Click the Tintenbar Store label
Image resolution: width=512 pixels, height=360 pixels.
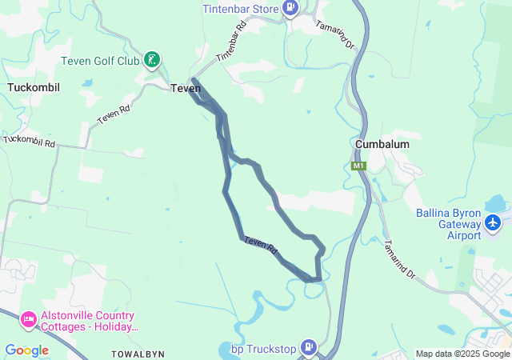click(239, 8)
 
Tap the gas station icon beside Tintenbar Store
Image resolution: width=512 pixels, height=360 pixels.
click(290, 9)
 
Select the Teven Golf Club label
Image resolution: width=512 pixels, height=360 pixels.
click(100, 60)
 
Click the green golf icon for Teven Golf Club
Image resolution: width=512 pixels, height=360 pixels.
click(151, 60)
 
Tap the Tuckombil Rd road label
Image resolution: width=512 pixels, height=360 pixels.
click(28, 141)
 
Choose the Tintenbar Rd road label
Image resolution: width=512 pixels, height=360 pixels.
click(229, 50)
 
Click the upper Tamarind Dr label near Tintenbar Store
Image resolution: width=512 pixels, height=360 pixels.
click(334, 35)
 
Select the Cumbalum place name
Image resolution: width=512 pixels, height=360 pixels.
click(382, 144)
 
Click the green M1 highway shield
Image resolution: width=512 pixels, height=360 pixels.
click(358, 166)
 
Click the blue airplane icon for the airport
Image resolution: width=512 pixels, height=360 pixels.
click(494, 221)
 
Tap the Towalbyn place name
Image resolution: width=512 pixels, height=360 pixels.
click(138, 353)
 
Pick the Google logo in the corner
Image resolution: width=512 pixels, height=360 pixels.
click(26, 350)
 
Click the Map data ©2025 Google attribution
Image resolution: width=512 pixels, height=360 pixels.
click(462, 354)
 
